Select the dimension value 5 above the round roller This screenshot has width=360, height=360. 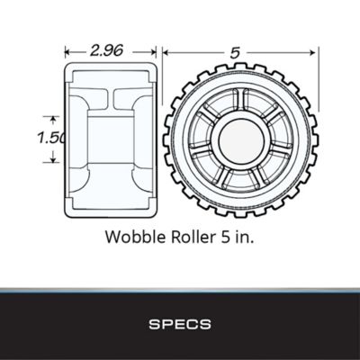[234, 53]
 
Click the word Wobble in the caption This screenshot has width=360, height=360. [132, 238]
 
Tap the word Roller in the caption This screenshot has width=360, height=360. [191, 238]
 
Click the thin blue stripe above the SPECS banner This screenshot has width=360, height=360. [180, 290]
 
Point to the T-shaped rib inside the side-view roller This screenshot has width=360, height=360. [110, 97]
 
